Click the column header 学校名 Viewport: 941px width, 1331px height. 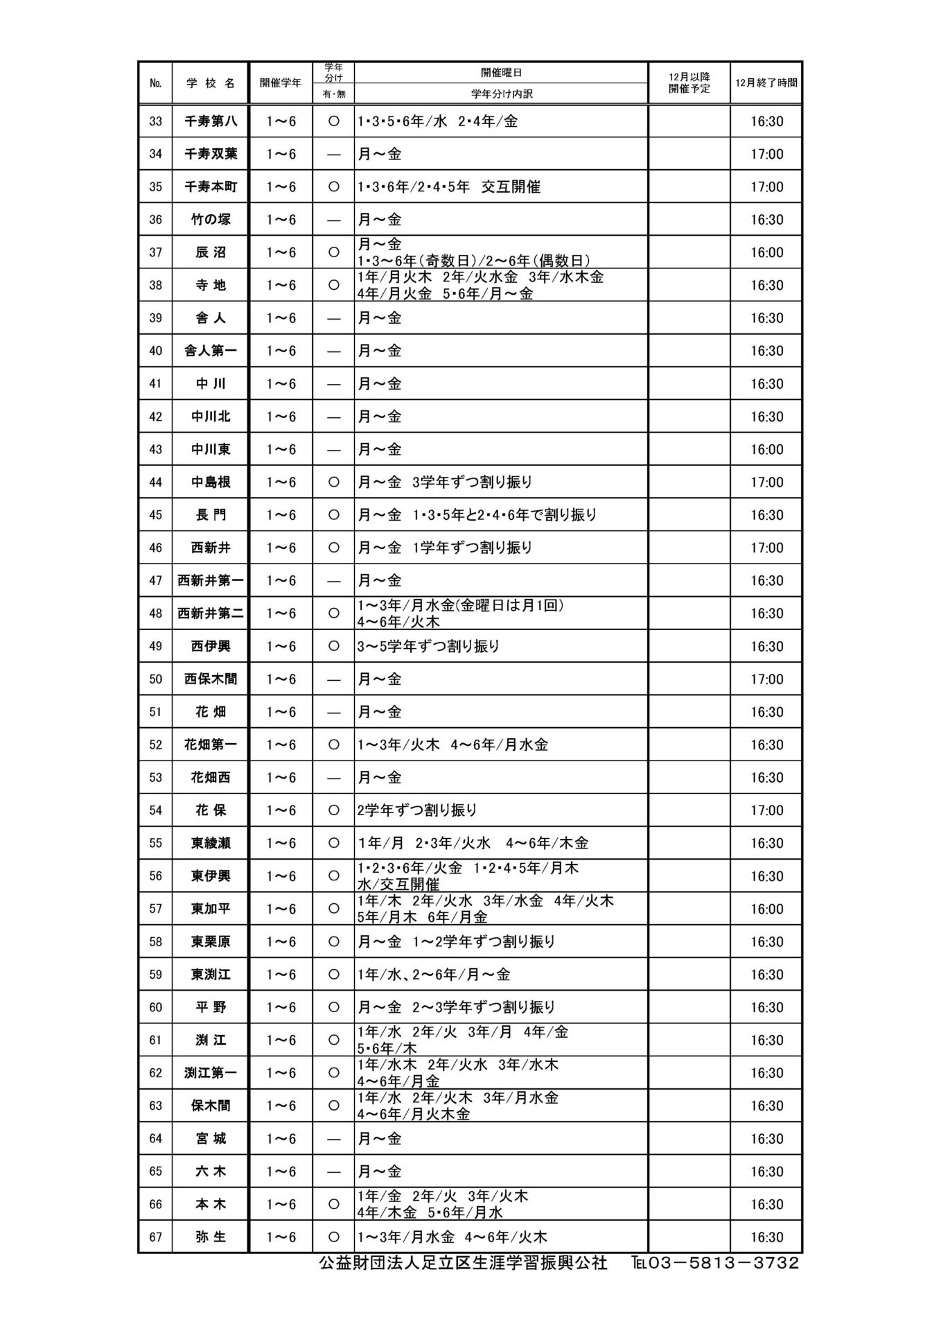[x=210, y=83]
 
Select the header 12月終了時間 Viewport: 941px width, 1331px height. [x=766, y=83]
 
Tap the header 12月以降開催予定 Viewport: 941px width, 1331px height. [x=689, y=83]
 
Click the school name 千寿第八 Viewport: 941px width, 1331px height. [x=210, y=121]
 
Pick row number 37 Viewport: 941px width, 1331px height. [x=155, y=252]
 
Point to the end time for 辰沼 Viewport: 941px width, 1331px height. [x=766, y=252]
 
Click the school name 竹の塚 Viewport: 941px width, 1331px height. [x=210, y=220]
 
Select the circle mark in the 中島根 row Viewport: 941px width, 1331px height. [x=333, y=482]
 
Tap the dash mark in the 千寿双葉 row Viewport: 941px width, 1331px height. [x=333, y=155]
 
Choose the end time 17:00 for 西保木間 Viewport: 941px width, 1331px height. [x=766, y=679]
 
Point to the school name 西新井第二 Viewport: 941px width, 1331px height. [x=210, y=614]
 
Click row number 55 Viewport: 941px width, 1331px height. [x=155, y=843]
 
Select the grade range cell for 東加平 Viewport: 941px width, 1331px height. [x=281, y=909]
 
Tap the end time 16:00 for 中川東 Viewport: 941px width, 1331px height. [x=766, y=449]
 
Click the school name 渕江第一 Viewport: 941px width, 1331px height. [x=210, y=1073]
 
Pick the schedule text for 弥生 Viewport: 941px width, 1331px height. [x=452, y=1237]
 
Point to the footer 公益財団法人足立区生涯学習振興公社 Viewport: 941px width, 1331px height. [x=462, y=1263]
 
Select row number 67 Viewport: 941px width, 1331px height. [x=155, y=1237]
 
